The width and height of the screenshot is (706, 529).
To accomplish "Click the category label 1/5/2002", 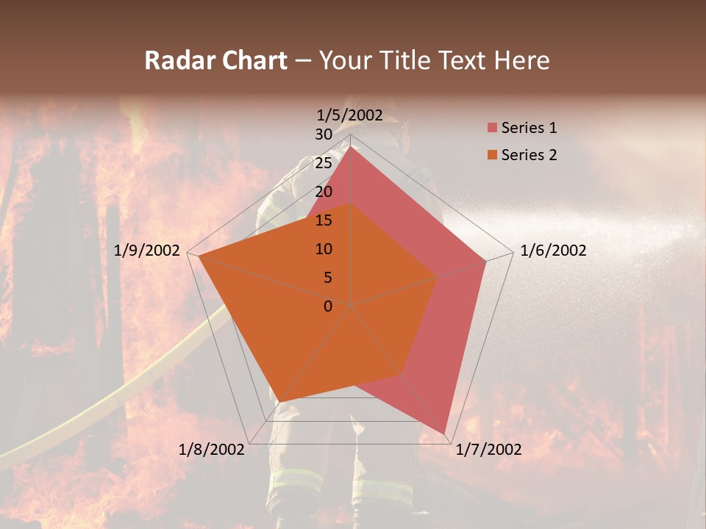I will (x=350, y=115).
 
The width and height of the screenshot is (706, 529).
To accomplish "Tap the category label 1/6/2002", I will (x=553, y=251).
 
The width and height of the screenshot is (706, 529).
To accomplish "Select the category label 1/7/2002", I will (x=488, y=450).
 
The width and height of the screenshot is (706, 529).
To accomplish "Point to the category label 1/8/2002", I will (x=212, y=450).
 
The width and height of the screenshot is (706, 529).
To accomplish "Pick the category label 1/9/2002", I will (x=147, y=251).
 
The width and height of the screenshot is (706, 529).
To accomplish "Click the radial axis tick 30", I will (x=323, y=134).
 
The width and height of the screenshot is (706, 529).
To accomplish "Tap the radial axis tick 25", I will (x=323, y=163).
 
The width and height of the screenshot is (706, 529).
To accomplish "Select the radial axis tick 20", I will (x=323, y=192).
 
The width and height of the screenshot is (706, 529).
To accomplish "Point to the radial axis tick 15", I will (x=323, y=220).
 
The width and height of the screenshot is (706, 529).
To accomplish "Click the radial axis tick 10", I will (x=323, y=249).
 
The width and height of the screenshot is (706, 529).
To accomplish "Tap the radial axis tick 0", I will (x=328, y=306).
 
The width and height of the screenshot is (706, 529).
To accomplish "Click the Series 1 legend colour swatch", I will (x=491, y=129).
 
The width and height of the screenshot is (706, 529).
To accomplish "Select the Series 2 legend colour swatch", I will (x=491, y=155).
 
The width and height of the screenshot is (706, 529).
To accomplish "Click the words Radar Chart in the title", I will (x=215, y=60).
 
